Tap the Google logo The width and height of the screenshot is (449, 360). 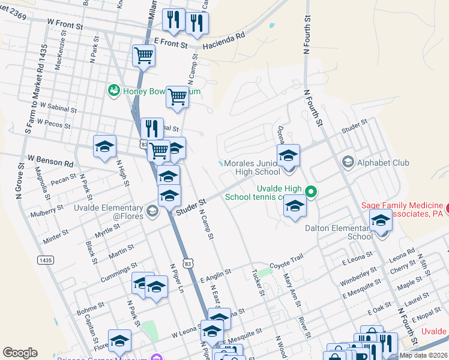pyautogui.click(x=20, y=353)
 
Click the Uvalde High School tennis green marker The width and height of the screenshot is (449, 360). pyautogui.click(x=311, y=192)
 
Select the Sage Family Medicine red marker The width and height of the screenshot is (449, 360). pyautogui.click(x=447, y=209)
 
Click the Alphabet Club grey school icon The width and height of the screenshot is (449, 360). pyautogui.click(x=347, y=162)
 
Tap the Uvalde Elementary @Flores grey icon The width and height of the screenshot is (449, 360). pyautogui.click(x=152, y=210)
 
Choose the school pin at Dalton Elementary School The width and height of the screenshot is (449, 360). pyautogui.click(x=381, y=221)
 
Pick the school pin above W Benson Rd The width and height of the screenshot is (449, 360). pyautogui.click(x=104, y=147)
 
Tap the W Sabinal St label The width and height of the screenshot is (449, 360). pyautogui.click(x=56, y=109)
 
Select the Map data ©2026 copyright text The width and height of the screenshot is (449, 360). pyautogui.click(x=423, y=355)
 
